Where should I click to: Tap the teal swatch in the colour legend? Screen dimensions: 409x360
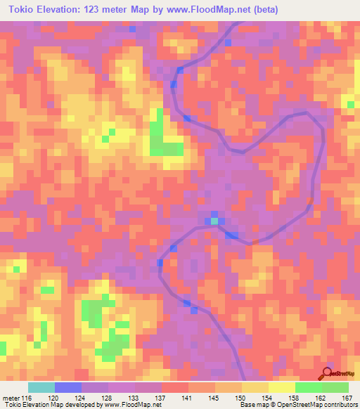(41, 387)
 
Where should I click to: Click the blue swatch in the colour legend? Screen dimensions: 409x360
(68, 387)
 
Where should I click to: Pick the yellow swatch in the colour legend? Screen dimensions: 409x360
(282, 387)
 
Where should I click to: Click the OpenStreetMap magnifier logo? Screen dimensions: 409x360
(327, 373)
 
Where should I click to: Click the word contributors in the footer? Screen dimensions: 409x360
(339, 404)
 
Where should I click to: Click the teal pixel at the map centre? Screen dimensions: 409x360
(214, 221)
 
